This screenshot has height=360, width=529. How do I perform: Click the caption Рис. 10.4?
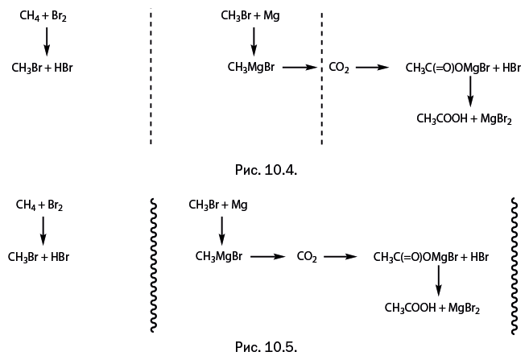pyautogui.click(x=265, y=170)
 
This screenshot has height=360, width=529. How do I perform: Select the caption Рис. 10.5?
pyautogui.click(x=265, y=347)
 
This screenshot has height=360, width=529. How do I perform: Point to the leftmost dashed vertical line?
pyautogui.click(x=151, y=77)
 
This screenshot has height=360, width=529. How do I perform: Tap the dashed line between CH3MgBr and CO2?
pyautogui.click(x=322, y=77)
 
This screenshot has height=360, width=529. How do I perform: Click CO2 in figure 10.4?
pyautogui.click(x=339, y=69)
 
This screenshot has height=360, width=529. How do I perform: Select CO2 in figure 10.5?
pyautogui.click(x=307, y=258)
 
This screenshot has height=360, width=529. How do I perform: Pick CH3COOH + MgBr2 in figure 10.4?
pyautogui.click(x=464, y=119)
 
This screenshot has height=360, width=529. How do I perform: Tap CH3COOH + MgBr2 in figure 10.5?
pyautogui.click(x=431, y=308)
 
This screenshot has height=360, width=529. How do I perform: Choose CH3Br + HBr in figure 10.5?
pyautogui.click(x=38, y=257)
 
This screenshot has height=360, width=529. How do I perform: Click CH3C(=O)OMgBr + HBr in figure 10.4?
pyautogui.click(x=463, y=69)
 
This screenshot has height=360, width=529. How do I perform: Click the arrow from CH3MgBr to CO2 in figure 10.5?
pyautogui.click(x=268, y=257)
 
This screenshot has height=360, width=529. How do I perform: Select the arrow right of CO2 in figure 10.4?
pyautogui.click(x=373, y=68)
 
